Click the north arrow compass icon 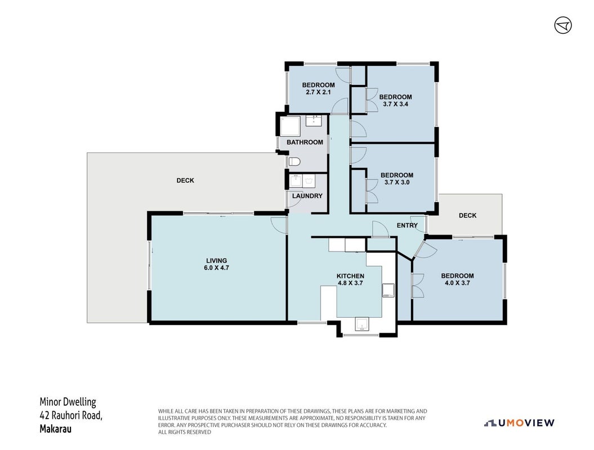pos(563,25)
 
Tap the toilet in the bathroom pos(294,162)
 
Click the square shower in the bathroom pos(290,127)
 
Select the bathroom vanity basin pos(314,121)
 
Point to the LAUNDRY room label pos(307,196)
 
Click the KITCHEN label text pos(350,276)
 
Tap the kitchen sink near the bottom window pos(362,324)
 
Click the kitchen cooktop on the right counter pos(388,290)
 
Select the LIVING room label pos(216,260)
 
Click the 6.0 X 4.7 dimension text pos(216,268)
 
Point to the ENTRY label pos(407,225)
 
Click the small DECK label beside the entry pos(467,215)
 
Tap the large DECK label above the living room pos(185,181)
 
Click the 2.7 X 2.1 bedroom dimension pos(318,92)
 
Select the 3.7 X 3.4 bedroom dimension pos(395,104)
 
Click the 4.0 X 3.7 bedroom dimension pos(457,283)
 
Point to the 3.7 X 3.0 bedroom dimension pos(396,182)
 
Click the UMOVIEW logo pos(519,423)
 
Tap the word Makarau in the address pos(55,429)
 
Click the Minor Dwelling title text pos(68,402)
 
